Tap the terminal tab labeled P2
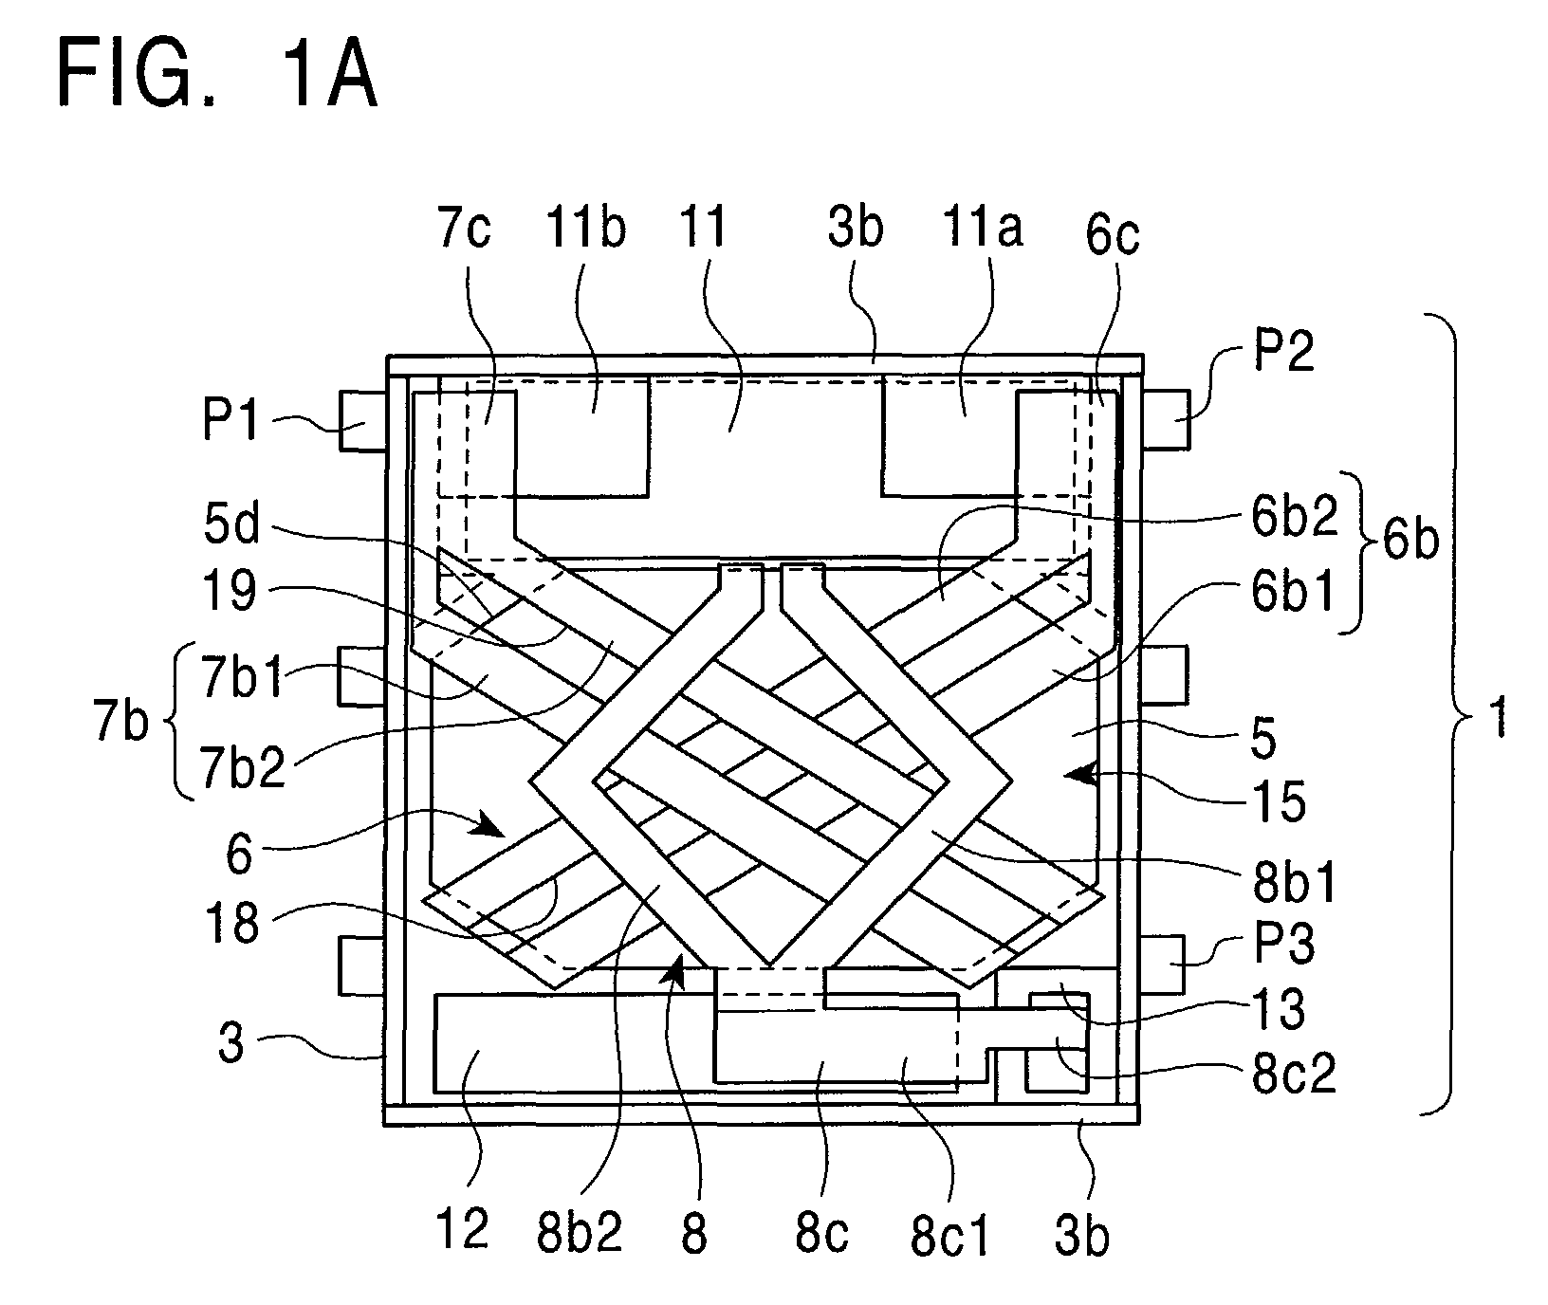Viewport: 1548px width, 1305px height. [x=1166, y=418]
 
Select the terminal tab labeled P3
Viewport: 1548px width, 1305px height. [x=1162, y=965]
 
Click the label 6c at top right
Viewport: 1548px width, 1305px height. [x=1113, y=233]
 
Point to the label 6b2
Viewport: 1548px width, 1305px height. [x=1300, y=518]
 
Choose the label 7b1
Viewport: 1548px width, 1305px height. [x=242, y=678]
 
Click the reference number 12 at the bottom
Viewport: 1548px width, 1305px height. [x=462, y=1229]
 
